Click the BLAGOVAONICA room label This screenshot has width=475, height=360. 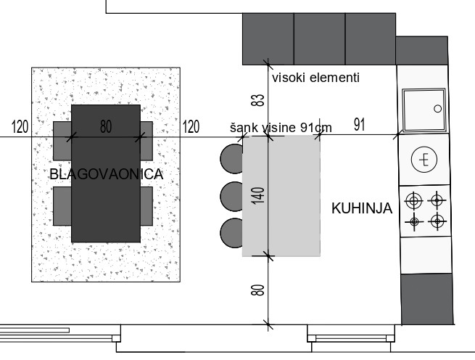pyautogui.click(x=107, y=174)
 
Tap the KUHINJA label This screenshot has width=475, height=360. pyautogui.click(x=362, y=208)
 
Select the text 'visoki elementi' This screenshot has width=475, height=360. pyautogui.click(x=315, y=78)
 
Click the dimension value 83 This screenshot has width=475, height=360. pyautogui.click(x=258, y=100)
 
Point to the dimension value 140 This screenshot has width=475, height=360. pyautogui.click(x=258, y=196)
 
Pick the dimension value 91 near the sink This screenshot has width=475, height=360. pyautogui.click(x=359, y=125)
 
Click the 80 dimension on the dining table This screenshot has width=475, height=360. pyautogui.click(x=106, y=126)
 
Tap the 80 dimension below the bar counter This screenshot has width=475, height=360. pyautogui.click(x=258, y=290)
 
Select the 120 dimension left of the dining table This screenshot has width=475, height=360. pyautogui.click(x=20, y=126)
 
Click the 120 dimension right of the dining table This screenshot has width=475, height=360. pyautogui.click(x=191, y=126)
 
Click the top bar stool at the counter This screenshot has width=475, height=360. pyautogui.click(x=232, y=159)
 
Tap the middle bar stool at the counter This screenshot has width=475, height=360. pyautogui.click(x=232, y=196)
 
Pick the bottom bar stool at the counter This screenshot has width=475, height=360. pyautogui.click(x=232, y=233)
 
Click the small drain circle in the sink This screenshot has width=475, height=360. pyautogui.click(x=438, y=109)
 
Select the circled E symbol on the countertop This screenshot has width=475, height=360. pyautogui.click(x=424, y=160)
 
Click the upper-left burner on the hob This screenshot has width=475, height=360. pyautogui.click(x=414, y=201)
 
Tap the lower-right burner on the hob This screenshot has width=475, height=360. pyautogui.click(x=437, y=221)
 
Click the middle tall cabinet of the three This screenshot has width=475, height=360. pyautogui.click(x=319, y=38)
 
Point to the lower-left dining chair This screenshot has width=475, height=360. pyautogui.click(x=62, y=206)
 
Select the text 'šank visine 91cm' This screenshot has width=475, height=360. pyautogui.click(x=281, y=128)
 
